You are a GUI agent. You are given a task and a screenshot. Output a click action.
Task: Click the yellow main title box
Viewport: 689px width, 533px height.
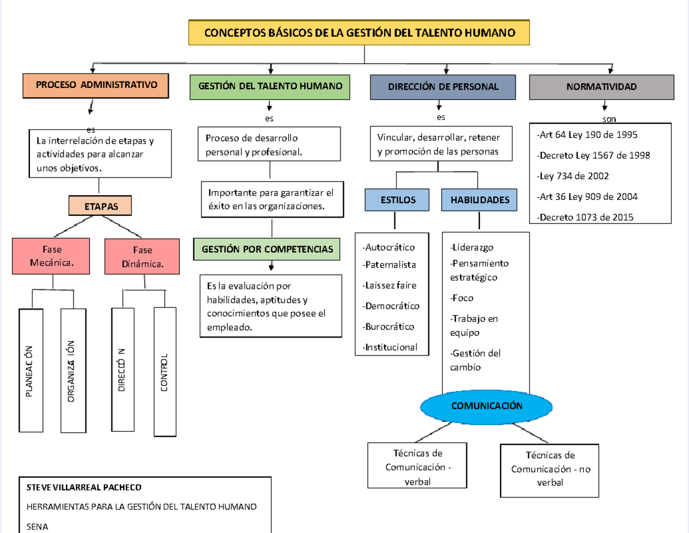(x=359, y=33)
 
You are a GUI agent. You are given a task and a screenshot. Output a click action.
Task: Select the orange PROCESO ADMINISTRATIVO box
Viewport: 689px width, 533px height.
(x=96, y=86)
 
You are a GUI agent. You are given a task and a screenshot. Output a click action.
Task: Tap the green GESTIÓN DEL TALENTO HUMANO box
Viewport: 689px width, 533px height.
(x=270, y=86)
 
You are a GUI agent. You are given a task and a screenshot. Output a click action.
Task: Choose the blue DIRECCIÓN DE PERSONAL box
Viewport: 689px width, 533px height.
(x=443, y=87)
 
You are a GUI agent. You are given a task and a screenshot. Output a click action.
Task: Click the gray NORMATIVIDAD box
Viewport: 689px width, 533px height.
(x=601, y=87)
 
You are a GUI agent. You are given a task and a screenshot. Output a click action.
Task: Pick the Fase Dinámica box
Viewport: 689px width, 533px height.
(x=142, y=257)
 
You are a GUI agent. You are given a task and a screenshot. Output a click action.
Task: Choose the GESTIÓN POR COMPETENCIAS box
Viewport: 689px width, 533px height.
(x=267, y=250)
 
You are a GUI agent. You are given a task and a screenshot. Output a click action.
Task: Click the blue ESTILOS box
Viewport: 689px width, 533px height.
(x=397, y=200)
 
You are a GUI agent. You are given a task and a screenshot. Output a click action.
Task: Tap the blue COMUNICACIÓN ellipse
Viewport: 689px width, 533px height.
(x=486, y=406)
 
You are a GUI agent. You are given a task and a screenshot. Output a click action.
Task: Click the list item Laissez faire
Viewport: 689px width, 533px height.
(x=390, y=285)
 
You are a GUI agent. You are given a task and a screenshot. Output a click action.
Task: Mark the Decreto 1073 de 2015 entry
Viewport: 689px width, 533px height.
(x=585, y=217)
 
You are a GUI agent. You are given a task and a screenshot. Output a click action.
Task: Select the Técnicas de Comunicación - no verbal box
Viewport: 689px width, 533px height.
(x=550, y=469)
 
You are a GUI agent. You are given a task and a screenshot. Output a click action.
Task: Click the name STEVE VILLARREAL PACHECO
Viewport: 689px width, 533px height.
(x=84, y=488)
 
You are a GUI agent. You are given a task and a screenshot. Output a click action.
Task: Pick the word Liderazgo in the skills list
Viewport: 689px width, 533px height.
(x=473, y=248)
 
